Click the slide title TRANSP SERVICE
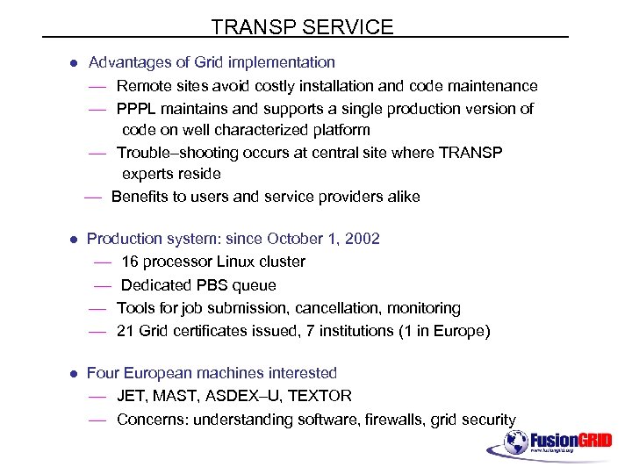tap(302, 27)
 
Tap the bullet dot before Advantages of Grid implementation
tap(75, 63)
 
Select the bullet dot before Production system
tap(75, 240)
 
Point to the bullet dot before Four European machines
tap(75, 374)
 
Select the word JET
tap(132, 396)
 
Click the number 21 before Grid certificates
tap(125, 331)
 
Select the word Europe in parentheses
tap(459, 331)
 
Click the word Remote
tap(143, 86)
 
